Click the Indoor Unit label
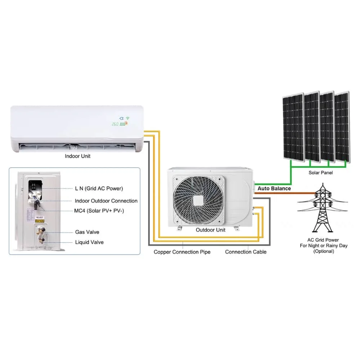(77, 156)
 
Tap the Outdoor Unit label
(211, 230)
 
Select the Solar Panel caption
(321, 173)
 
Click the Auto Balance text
(274, 188)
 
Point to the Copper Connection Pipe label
(182, 252)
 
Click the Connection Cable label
(246, 252)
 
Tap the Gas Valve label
(87, 232)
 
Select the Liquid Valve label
(89, 242)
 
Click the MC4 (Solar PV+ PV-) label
(99, 211)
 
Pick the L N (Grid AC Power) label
(99, 188)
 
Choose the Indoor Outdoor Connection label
(106, 201)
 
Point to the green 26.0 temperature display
(115, 124)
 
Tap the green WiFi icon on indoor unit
(127, 118)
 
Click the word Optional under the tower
(324, 251)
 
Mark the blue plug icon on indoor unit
(121, 118)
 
